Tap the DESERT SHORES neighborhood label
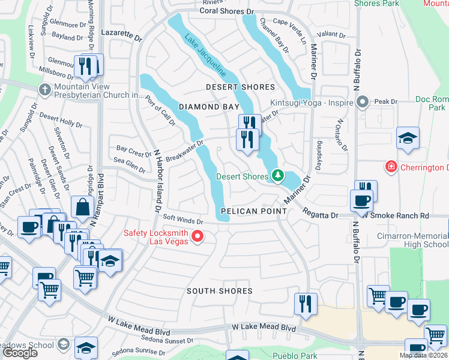tap(240, 88)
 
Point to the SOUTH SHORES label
tap(219, 291)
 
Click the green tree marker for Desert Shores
tap(277, 176)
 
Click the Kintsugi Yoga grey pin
tap(362, 103)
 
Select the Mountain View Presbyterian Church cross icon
tap(44, 90)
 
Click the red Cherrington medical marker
tap(391, 165)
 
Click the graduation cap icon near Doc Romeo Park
tap(408, 137)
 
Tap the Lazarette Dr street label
tap(121, 36)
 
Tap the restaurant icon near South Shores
tap(306, 304)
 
